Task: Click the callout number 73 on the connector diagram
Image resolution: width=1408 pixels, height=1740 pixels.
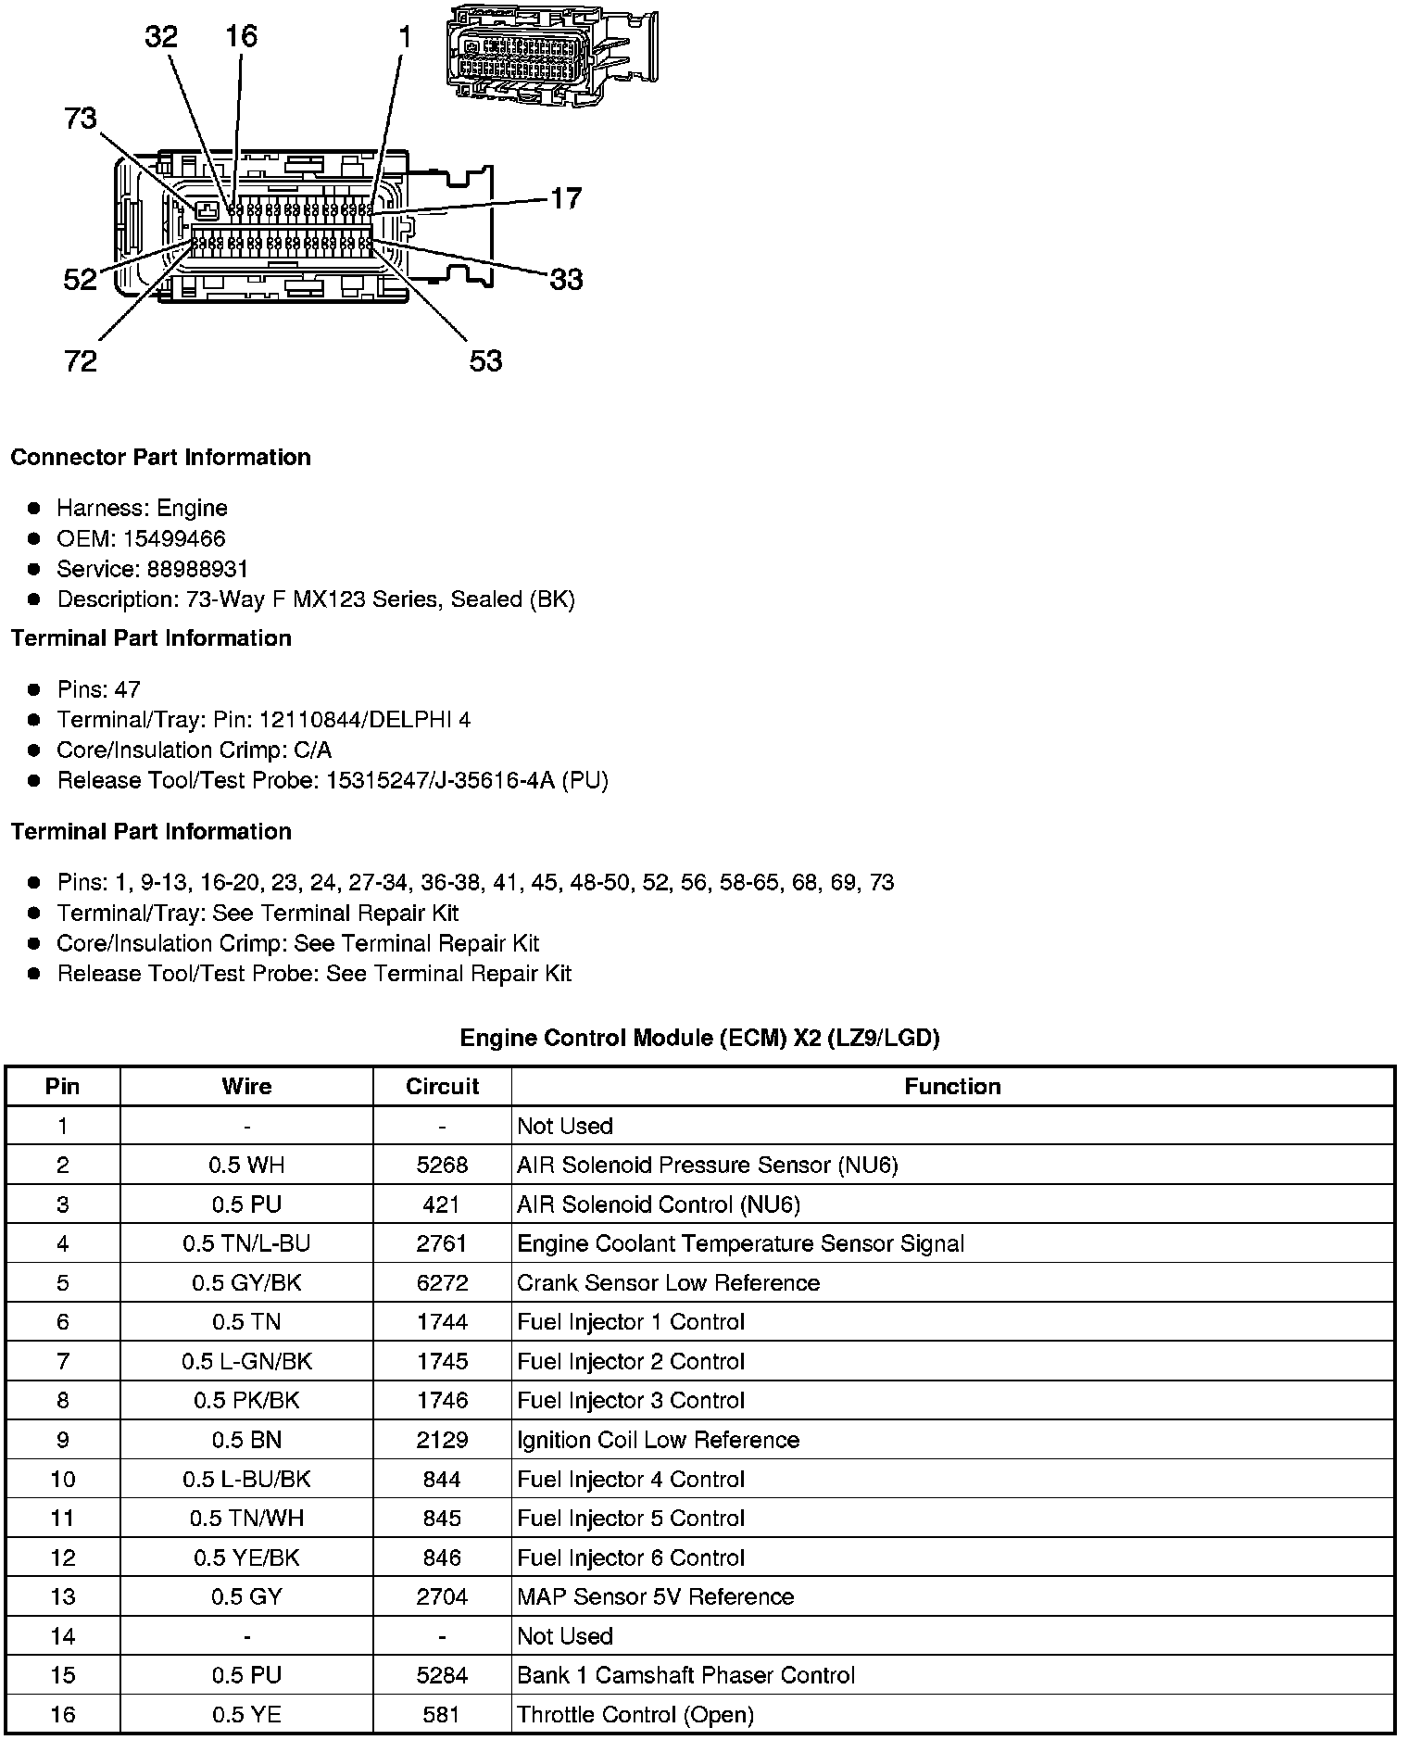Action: point(81,119)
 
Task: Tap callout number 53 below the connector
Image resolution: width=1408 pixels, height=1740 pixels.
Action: point(485,360)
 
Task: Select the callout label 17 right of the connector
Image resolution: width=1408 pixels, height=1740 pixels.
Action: point(566,198)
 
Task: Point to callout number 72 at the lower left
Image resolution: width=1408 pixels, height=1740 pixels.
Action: point(81,360)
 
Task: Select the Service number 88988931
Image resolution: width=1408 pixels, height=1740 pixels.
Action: point(197,569)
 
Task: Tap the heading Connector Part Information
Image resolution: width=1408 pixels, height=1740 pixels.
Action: point(160,458)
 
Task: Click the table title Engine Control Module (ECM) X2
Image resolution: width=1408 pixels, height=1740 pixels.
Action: point(699,1038)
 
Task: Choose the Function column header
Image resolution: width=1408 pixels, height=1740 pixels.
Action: point(952,1086)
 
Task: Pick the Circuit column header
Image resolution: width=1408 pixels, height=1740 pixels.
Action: point(442,1086)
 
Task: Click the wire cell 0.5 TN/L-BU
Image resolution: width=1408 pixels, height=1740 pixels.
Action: point(246,1243)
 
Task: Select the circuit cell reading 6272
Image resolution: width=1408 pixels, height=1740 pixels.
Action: point(442,1282)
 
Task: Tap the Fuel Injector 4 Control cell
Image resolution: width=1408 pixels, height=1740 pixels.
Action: point(631,1479)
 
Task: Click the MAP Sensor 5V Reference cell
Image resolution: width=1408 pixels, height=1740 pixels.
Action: point(655,1596)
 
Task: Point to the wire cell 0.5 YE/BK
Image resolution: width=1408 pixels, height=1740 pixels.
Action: point(246,1557)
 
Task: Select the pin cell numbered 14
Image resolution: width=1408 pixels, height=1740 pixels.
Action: point(62,1636)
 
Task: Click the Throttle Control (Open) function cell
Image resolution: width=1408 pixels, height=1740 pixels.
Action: point(635,1714)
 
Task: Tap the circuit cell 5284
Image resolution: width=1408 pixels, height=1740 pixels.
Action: point(442,1675)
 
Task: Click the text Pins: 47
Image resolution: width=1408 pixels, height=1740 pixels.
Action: point(98,689)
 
